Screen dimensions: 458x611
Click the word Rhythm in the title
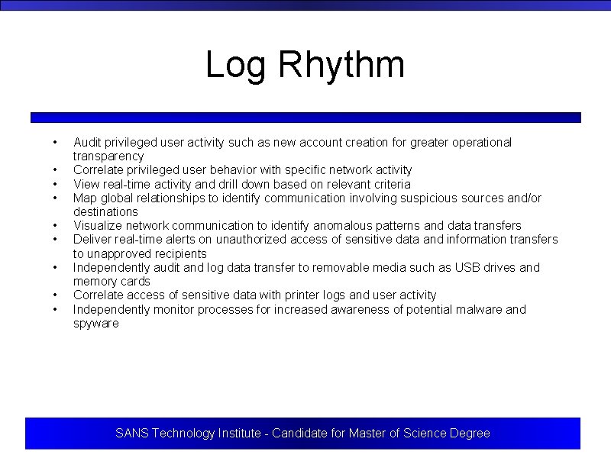(x=341, y=65)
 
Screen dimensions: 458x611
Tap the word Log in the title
(x=235, y=65)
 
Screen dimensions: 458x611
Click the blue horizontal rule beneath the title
(x=305, y=118)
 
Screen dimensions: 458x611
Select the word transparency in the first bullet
(x=108, y=156)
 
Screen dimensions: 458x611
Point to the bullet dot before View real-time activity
(x=55, y=184)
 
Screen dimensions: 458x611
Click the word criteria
(x=390, y=184)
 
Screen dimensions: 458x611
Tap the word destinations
(x=105, y=211)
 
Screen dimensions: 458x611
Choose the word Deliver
(x=91, y=240)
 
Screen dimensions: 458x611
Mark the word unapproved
(x=119, y=253)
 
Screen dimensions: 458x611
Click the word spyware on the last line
(x=96, y=323)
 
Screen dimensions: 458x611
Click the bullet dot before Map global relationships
(x=55, y=198)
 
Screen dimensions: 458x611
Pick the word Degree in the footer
(x=470, y=433)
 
